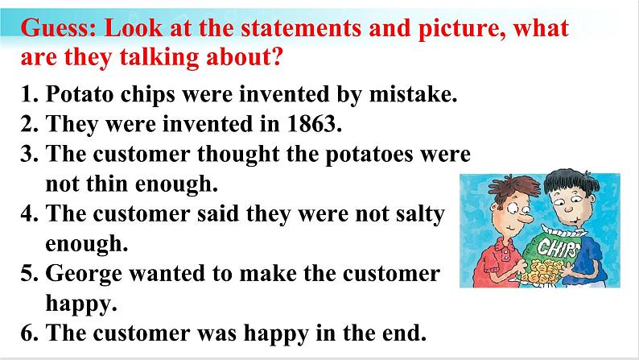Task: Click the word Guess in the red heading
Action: pos(58,28)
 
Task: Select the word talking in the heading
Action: pos(159,57)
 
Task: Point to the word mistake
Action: pos(413,93)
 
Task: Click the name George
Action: pos(84,274)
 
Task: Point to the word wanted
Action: pos(167,273)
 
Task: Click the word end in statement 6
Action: pos(404,333)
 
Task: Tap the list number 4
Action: pos(29,213)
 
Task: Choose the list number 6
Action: pos(29,333)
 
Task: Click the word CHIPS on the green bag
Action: pos(559,247)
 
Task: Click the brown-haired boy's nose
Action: pos(527,219)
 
